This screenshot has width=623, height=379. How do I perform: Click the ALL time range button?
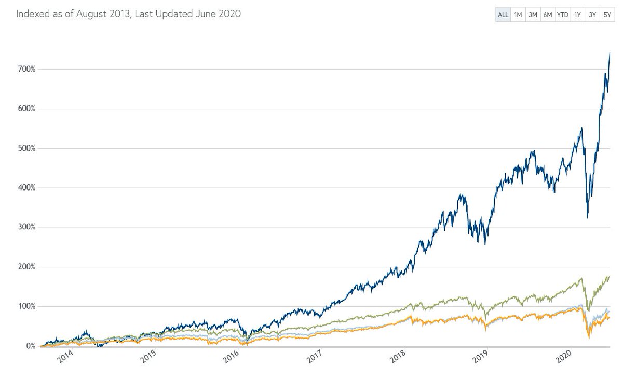coord(503,15)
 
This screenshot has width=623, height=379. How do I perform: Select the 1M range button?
coord(518,15)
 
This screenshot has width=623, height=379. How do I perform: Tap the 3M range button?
coord(533,15)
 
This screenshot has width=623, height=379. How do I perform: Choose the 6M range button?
coord(547,15)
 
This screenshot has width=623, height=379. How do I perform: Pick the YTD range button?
coord(562,15)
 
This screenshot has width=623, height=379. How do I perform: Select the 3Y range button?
coord(592,15)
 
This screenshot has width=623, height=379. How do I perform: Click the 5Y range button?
coord(607,15)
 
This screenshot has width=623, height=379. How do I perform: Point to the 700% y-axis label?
coord(25,69)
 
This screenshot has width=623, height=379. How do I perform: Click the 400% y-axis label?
coord(25,188)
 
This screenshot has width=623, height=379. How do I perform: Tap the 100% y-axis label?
coord(25,306)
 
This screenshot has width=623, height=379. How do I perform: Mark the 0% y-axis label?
coord(28,346)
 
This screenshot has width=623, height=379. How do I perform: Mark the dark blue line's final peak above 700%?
coord(610,53)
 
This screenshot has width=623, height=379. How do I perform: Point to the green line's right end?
coord(610,277)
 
